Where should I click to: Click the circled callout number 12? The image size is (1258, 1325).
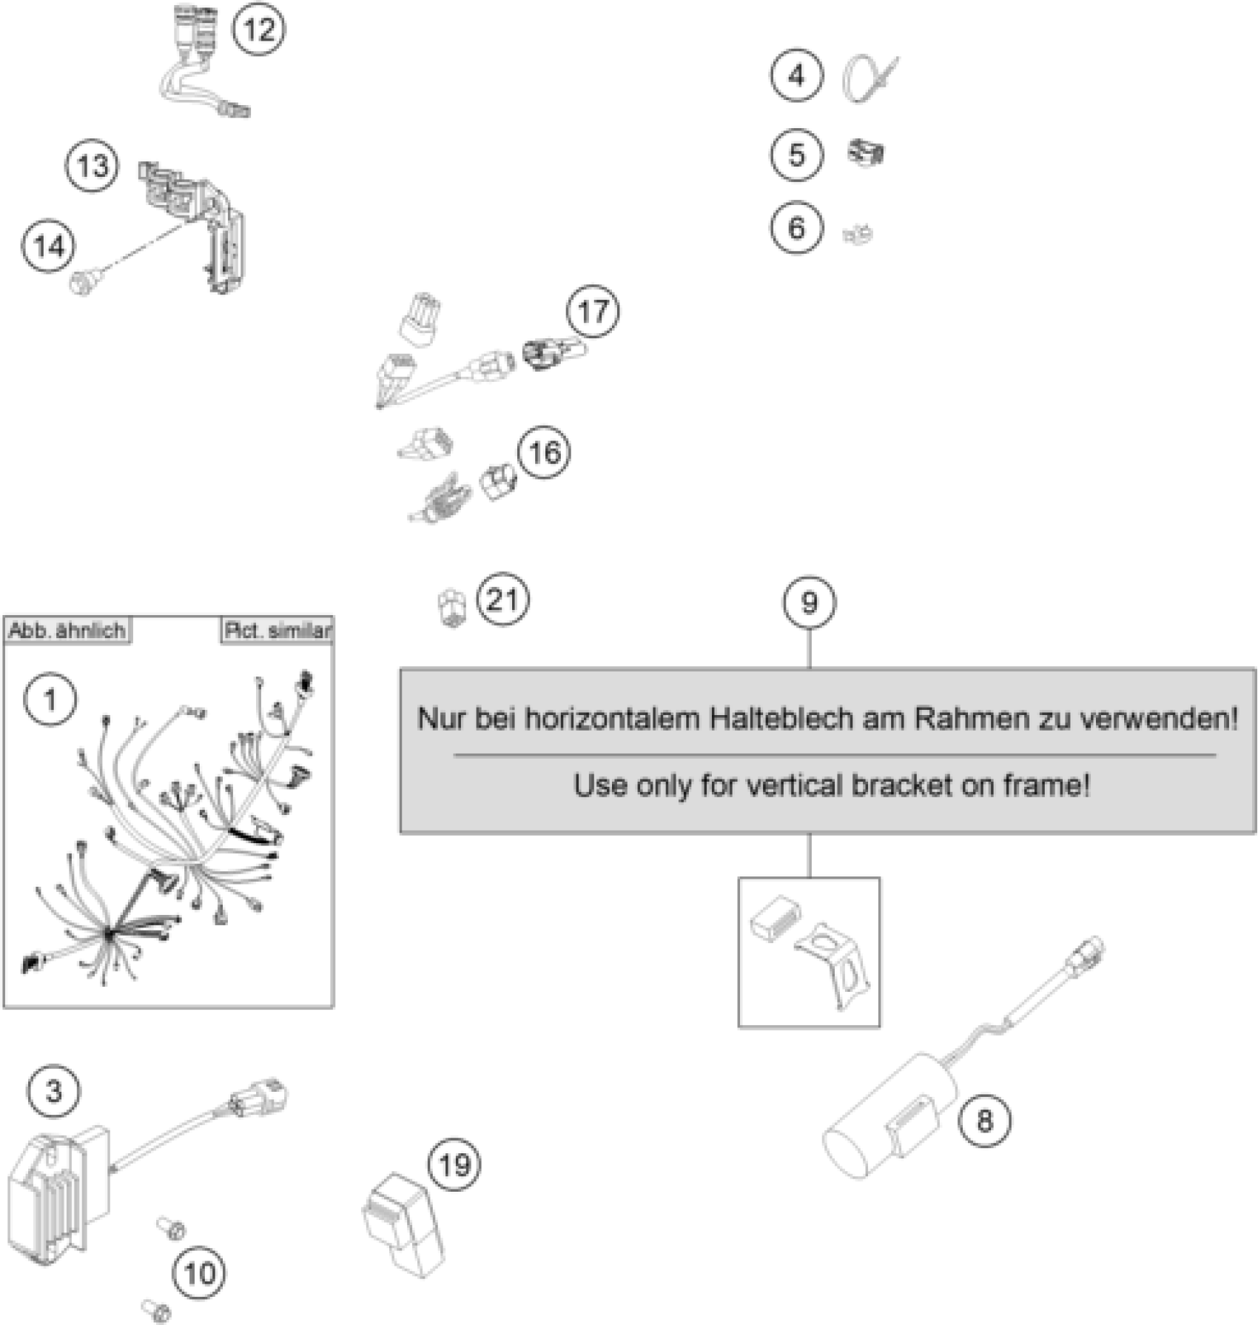click(258, 30)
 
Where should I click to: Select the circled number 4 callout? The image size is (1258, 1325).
click(796, 76)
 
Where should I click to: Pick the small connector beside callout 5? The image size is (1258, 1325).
click(866, 154)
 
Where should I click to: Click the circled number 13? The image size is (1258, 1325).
click(92, 166)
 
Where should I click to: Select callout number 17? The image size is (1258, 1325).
click(593, 312)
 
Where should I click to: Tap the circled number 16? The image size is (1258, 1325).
click(545, 452)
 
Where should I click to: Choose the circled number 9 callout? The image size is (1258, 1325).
click(809, 603)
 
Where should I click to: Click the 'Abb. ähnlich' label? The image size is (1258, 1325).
click(67, 631)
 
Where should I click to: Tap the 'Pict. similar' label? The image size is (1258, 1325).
click(277, 631)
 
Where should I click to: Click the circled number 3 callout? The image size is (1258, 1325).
click(53, 1091)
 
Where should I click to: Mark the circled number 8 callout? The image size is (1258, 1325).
click(983, 1120)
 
